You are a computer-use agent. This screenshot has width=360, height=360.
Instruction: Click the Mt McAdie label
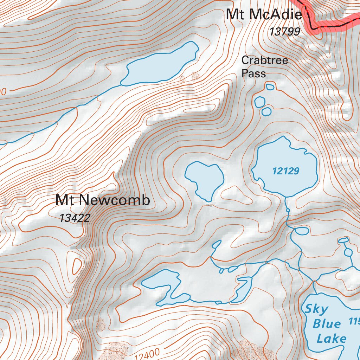pos(264,15)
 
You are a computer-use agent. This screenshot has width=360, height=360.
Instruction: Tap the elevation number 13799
pos(285,32)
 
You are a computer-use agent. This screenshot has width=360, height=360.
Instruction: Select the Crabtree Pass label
pos(264,66)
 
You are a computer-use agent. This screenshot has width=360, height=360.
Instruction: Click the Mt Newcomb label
pos(103,200)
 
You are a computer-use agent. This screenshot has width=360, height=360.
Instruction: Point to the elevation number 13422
pos(75,218)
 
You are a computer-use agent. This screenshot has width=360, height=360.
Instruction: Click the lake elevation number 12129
pos(285,171)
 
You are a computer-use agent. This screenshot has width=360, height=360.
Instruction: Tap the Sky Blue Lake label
pos(325,324)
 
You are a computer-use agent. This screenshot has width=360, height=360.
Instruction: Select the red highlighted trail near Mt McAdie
pos(327,26)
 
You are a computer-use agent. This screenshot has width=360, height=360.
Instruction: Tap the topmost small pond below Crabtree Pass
pos(270,86)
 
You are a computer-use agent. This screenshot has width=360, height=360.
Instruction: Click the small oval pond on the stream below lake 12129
pos(301,231)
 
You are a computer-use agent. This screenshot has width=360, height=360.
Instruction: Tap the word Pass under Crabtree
pos(253,73)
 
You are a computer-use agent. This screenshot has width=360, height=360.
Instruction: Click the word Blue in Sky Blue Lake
pos(327,324)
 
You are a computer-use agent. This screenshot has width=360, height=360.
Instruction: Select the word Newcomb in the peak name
pos(116,200)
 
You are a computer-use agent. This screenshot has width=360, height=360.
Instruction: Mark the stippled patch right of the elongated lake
pos(195,76)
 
